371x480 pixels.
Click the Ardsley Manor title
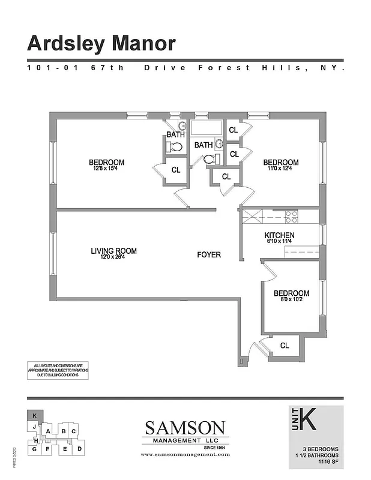[x=101, y=43]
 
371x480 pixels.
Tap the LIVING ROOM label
[x=113, y=251]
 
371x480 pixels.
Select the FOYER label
[x=209, y=255]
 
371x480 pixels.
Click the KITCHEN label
[x=279, y=235]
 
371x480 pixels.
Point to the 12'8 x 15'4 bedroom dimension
[x=106, y=169]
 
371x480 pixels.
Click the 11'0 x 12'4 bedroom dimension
[x=280, y=169]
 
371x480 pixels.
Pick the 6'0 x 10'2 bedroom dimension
[x=291, y=300]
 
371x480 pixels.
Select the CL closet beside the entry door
[x=285, y=346]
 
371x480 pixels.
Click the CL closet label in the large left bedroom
[x=176, y=170]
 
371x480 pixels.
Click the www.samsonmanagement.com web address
[x=185, y=455]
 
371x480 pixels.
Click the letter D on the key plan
[x=80, y=448]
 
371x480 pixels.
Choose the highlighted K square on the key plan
[x=34, y=415]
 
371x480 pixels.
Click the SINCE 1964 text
[x=213, y=447]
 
